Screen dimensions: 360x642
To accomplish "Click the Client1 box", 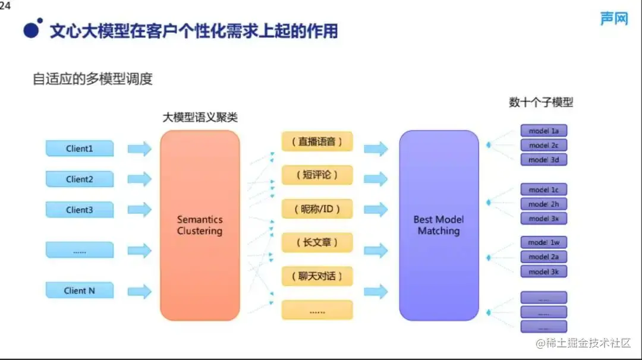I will (x=80, y=149).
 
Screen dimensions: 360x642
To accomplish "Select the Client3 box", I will (x=80, y=210).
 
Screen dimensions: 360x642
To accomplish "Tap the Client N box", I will (x=80, y=290).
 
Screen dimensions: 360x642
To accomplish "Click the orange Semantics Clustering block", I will (x=200, y=226).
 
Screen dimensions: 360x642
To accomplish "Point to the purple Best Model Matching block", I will (x=439, y=226).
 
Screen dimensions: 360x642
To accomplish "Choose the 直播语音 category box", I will (x=317, y=142).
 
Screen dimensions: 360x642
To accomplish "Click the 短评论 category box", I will (x=317, y=175).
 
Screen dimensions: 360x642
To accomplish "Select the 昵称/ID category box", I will (x=317, y=209).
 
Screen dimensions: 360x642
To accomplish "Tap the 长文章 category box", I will (x=317, y=242).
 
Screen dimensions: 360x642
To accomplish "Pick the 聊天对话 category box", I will (x=317, y=276).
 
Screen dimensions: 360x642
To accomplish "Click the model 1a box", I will (x=543, y=131).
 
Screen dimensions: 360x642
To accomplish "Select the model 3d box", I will (x=543, y=160).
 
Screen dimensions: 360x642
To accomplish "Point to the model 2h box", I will (x=543, y=204).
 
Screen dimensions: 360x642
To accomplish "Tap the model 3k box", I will (x=543, y=271).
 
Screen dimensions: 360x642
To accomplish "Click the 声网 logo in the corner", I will (x=613, y=19).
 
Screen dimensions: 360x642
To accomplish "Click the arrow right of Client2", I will (x=139, y=179).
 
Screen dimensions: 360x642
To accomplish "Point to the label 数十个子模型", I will (x=541, y=102).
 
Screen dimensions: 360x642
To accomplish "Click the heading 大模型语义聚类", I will (x=200, y=118).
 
